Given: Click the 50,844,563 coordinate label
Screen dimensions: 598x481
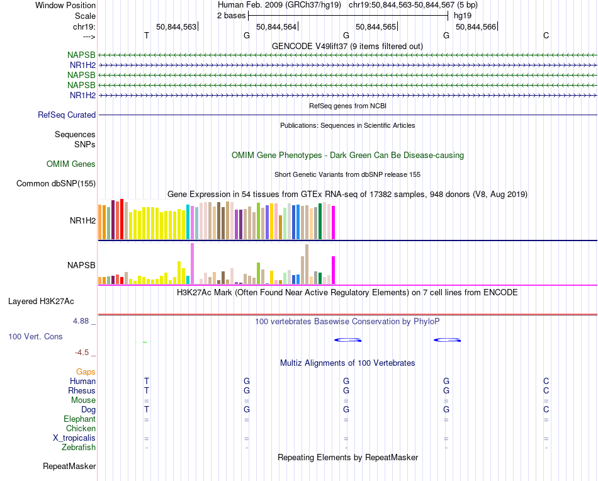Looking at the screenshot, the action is [176, 26].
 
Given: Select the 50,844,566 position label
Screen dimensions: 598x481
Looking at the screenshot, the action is [476, 26].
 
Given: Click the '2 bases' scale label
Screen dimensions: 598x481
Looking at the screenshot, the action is [232, 16].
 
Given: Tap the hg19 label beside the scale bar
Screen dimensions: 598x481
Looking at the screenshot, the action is [463, 16].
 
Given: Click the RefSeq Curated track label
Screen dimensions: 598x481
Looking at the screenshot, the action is [67, 115].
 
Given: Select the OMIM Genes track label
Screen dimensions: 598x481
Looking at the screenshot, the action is [71, 164].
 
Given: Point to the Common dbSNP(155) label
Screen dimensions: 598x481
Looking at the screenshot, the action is [56, 183].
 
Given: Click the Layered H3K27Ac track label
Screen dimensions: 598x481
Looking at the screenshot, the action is [41, 302].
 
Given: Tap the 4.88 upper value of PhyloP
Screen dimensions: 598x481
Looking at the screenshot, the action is [81, 321].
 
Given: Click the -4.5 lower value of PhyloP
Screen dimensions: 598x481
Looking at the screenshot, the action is [82, 353].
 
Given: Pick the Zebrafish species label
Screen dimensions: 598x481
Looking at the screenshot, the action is [79, 447].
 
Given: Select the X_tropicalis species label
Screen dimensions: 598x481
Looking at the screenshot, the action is [74, 438].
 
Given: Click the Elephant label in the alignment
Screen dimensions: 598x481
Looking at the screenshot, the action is [79, 419].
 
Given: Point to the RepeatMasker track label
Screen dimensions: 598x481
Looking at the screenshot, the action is [69, 466].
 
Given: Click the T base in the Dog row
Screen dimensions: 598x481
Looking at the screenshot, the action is [147, 410].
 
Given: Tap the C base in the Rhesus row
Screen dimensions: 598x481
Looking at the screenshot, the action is [546, 390].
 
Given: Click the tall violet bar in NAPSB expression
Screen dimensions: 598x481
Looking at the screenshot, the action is [192, 264].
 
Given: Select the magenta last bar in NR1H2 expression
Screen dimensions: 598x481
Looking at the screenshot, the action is [334, 223].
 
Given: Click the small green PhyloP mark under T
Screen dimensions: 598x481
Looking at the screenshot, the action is [145, 342].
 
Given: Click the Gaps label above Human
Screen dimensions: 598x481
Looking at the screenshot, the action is [86, 371].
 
